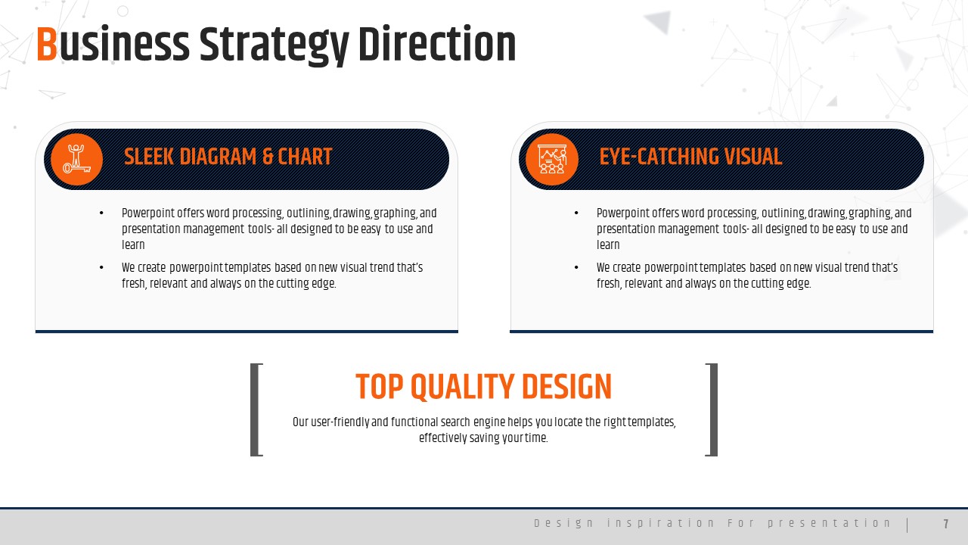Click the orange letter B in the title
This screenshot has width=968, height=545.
(x=47, y=44)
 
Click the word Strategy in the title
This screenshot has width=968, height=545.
(x=274, y=46)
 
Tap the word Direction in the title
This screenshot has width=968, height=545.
(x=437, y=44)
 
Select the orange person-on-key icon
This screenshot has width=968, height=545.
(x=77, y=159)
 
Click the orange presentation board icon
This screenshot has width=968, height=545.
(x=552, y=159)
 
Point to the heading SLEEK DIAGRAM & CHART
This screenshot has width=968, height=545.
(x=228, y=157)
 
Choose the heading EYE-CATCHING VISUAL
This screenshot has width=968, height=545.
(x=690, y=157)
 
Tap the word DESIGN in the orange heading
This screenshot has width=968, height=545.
(x=566, y=386)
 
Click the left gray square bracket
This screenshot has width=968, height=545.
(x=254, y=410)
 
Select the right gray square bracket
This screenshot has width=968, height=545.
(x=713, y=410)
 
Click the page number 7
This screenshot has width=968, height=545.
(x=946, y=525)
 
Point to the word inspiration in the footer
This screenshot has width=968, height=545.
(x=660, y=523)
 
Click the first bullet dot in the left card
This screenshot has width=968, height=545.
(x=101, y=213)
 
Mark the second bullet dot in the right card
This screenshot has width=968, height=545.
(x=576, y=268)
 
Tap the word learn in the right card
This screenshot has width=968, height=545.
(x=608, y=244)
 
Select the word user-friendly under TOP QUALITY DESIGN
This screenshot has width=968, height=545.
(x=340, y=422)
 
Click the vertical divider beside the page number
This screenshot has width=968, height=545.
(x=907, y=525)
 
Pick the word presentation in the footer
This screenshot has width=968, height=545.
(x=830, y=523)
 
